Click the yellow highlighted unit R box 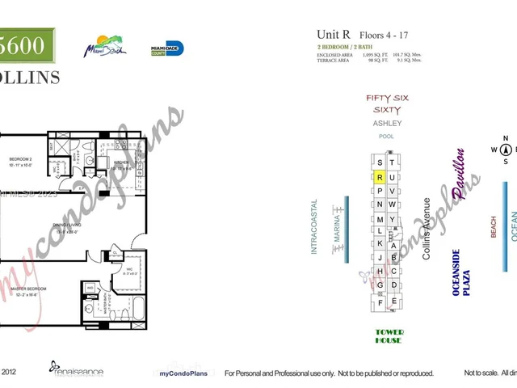tap(379, 177)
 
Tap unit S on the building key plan tap(379, 162)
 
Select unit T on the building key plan tap(393, 162)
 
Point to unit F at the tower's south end tap(379, 303)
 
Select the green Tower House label tap(389, 335)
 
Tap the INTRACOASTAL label tap(315, 227)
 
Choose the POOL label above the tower tap(386, 137)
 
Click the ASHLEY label tap(387, 123)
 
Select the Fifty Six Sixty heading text tap(387, 103)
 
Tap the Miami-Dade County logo tap(168, 48)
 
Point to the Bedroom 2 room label tap(19, 161)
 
